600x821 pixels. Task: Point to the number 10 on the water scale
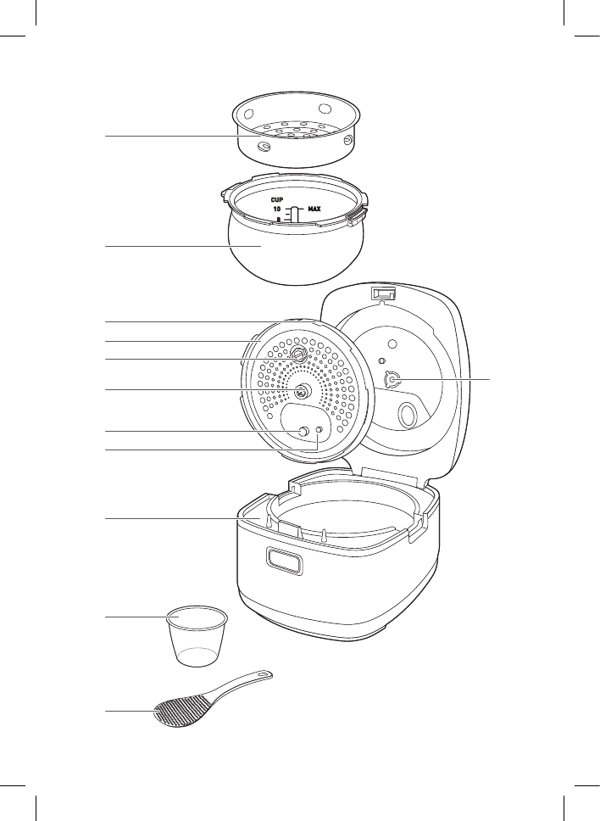(x=277, y=208)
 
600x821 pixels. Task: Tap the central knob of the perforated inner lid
(x=302, y=391)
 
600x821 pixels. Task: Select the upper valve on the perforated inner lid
(x=299, y=354)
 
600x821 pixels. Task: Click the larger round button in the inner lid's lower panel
(x=302, y=433)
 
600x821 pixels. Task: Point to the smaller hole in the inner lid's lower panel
(x=319, y=431)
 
